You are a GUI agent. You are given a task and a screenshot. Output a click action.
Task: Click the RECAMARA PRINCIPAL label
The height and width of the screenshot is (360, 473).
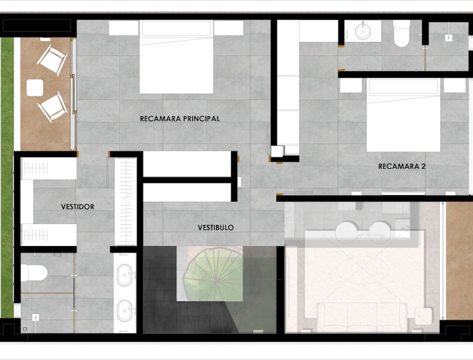[x=180, y=119]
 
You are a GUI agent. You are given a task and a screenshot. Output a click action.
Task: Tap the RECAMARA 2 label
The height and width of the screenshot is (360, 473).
[x=402, y=166]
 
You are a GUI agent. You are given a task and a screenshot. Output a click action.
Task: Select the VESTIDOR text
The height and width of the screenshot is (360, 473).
[x=78, y=207]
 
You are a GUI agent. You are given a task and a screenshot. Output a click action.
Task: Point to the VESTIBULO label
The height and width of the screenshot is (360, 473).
[x=216, y=228]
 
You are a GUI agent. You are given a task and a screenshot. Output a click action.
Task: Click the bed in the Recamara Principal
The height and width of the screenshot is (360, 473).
[x=176, y=57]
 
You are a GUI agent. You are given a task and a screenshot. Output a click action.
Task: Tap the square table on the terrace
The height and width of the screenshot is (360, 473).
[x=35, y=88]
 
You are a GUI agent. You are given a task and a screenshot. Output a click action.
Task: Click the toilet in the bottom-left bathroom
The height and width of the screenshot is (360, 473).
[x=34, y=272]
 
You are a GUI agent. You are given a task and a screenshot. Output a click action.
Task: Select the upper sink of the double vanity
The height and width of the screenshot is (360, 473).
[x=125, y=275]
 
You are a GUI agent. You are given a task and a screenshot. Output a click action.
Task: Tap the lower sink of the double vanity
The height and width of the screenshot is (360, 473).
[x=125, y=310]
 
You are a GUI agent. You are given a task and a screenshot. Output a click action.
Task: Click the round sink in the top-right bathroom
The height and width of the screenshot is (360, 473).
[x=362, y=31]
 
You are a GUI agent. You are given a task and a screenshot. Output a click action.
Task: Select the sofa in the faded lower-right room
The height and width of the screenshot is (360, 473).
[x=362, y=317]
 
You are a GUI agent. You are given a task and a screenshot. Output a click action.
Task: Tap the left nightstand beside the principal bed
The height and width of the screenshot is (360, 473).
[x=124, y=28]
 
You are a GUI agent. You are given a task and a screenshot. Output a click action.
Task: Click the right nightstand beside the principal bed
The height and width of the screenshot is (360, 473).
[x=229, y=28]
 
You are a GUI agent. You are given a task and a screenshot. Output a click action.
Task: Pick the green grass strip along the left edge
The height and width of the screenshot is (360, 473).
[x=7, y=177]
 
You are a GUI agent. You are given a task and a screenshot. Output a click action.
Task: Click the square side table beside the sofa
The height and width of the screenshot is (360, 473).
[x=424, y=316]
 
